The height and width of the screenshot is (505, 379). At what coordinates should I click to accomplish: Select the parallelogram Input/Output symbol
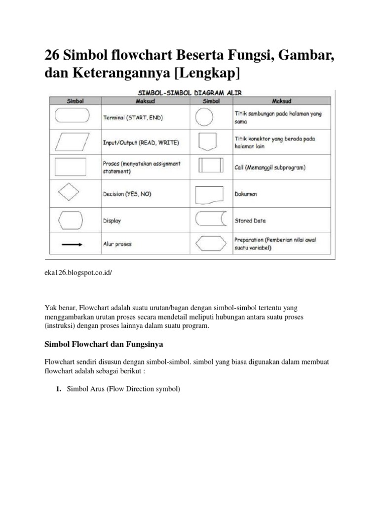pyautogui.click(x=72, y=142)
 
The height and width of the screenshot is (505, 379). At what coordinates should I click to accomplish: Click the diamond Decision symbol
pyautogui.click(x=69, y=192)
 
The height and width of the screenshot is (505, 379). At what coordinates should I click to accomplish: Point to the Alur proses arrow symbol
pyautogui.click(x=72, y=243)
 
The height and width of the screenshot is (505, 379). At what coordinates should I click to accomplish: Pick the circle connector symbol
pyautogui.click(x=205, y=117)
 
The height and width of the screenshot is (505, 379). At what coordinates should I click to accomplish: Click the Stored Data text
pyautogui.click(x=250, y=221)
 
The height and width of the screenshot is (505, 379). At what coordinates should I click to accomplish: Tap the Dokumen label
pyautogui.click(x=245, y=194)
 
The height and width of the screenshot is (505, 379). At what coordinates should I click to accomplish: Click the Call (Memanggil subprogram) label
pyautogui.click(x=269, y=167)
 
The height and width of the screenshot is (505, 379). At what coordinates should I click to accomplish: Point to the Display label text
pyautogui.click(x=112, y=221)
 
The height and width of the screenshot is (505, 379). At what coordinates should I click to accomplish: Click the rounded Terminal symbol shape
pyautogui.click(x=72, y=116)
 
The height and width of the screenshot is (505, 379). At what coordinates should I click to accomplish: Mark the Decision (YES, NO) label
pyautogui.click(x=127, y=194)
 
